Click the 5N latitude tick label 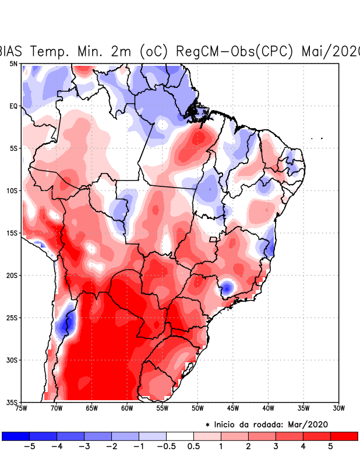(x=13, y=63)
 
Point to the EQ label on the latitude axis (x=13, y=106)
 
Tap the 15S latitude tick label (x=12, y=233)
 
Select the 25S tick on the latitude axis (x=12, y=317)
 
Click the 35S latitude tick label (x=12, y=403)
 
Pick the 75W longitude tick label (x=22, y=408)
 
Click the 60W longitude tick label (x=127, y=408)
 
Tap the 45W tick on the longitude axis (x=232, y=408)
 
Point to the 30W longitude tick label (x=338, y=408)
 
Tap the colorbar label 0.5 (x=194, y=447)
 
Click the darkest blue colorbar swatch (x=15, y=436)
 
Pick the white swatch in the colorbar (x=180, y=436)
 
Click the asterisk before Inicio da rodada (x=207, y=425)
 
